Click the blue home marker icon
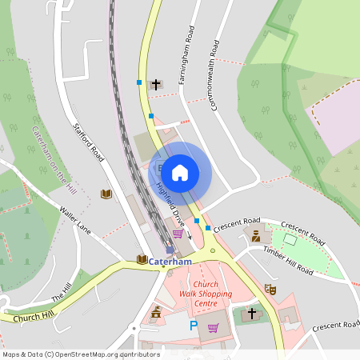click(180, 172)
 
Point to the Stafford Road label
click(89, 142)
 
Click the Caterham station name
click(170, 262)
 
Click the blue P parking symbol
click(193, 326)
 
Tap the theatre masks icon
click(270, 289)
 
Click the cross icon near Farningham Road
click(155, 84)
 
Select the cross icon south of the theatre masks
click(254, 313)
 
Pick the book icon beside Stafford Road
click(106, 194)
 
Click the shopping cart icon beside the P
click(213, 327)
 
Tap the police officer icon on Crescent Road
click(256, 236)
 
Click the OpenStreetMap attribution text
click(80, 354)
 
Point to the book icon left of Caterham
click(142, 260)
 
